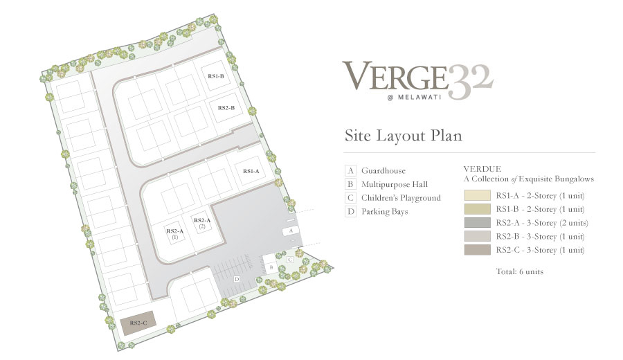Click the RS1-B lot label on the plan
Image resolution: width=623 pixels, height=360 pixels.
click(216, 76)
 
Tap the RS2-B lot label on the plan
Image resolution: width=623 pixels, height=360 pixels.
click(226, 108)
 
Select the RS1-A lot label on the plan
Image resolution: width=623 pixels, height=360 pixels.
click(251, 171)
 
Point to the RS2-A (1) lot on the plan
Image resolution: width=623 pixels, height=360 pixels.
click(175, 233)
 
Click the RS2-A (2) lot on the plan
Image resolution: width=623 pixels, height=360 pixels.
click(202, 223)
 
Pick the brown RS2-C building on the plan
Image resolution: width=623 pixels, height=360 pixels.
click(138, 323)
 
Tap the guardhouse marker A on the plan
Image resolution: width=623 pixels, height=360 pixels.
click(291, 231)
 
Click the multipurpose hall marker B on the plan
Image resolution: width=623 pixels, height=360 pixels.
click(271, 267)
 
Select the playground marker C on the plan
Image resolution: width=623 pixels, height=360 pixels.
click(290, 260)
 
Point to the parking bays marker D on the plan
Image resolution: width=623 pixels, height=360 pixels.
click(237, 279)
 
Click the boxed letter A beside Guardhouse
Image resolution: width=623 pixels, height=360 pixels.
click(350, 171)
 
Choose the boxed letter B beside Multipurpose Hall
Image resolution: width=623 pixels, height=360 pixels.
click(350, 184)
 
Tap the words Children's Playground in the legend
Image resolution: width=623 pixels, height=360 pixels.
click(401, 198)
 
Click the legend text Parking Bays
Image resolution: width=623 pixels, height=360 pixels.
click(385, 212)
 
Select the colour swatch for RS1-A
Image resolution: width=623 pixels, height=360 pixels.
click(477, 195)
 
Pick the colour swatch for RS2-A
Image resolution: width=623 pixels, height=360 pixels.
click(477, 222)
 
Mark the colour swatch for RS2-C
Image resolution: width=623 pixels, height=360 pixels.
click(477, 249)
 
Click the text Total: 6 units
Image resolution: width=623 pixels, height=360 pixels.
click(519, 272)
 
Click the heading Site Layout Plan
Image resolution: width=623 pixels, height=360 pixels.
click(404, 136)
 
